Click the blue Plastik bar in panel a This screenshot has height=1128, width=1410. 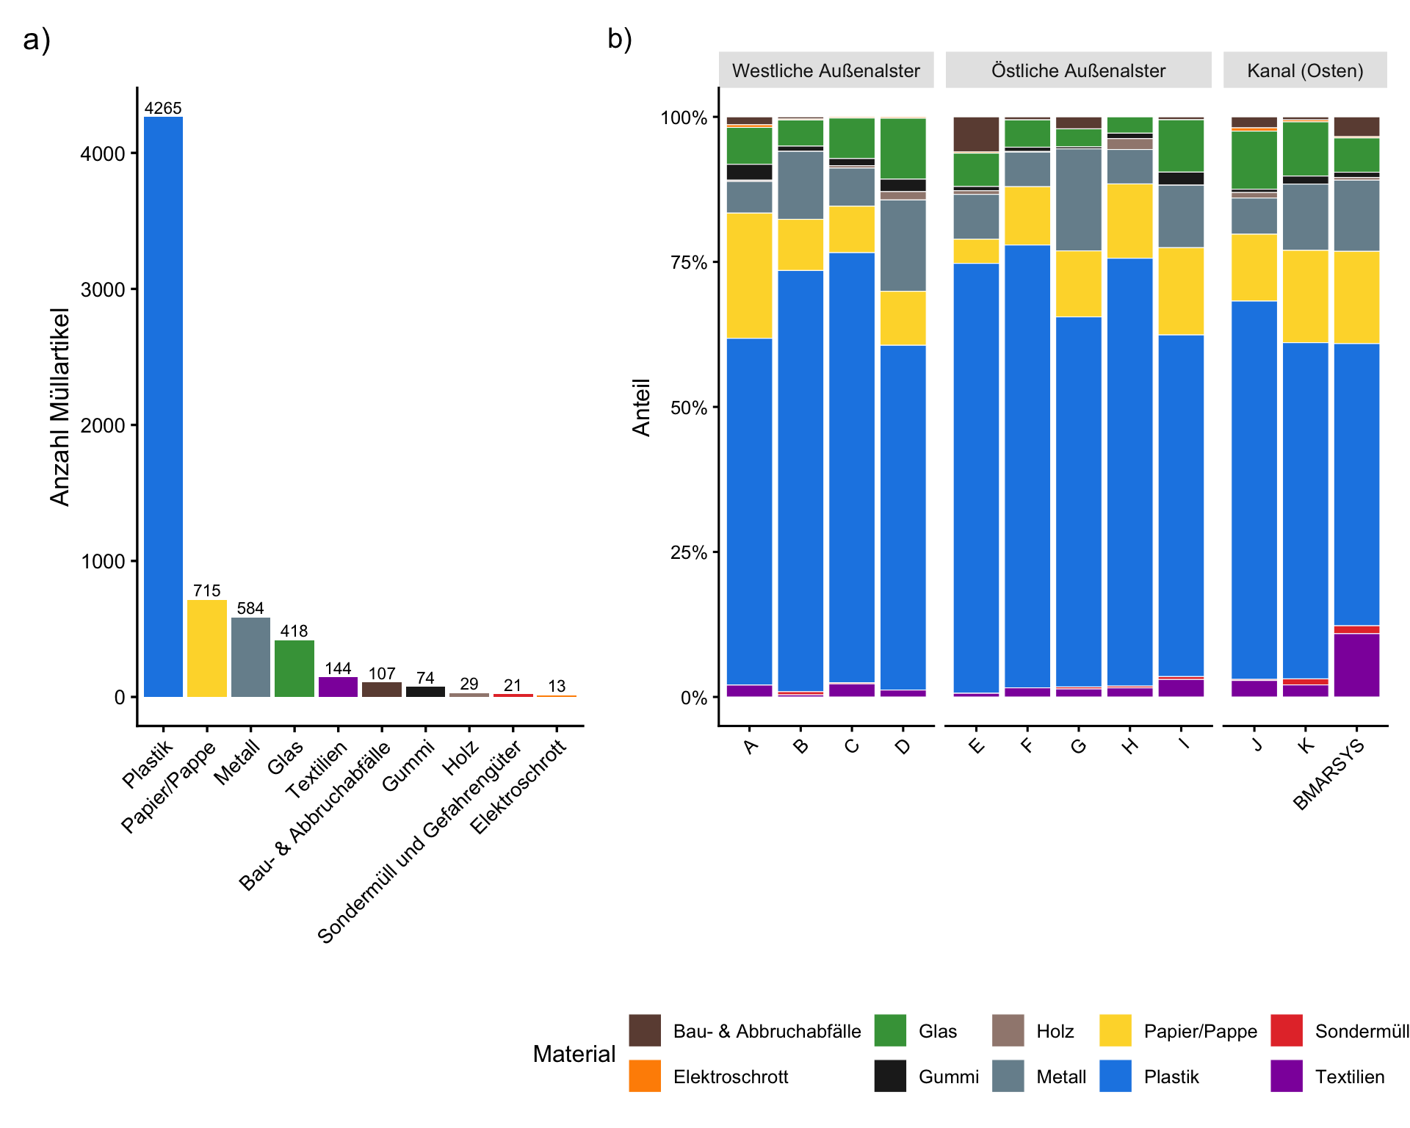pyautogui.click(x=163, y=406)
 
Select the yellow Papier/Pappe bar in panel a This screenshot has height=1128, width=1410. pyautogui.click(x=207, y=648)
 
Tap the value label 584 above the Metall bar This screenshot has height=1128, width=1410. pyautogui.click(x=250, y=608)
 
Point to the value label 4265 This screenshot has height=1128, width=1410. pyautogui.click(x=163, y=108)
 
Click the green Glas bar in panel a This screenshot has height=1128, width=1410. pyautogui.click(x=294, y=668)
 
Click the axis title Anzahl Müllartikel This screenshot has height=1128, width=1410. pyautogui.click(x=60, y=407)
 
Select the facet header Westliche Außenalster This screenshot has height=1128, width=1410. pyautogui.click(x=826, y=70)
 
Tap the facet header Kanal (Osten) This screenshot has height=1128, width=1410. pyautogui.click(x=1305, y=70)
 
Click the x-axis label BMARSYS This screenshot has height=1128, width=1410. pyautogui.click(x=1328, y=775)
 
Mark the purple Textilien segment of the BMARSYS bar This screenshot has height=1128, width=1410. pyautogui.click(x=1356, y=665)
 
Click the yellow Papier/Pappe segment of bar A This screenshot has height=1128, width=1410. pyautogui.click(x=749, y=275)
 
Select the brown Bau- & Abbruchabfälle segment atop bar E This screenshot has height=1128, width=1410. pyautogui.click(x=976, y=134)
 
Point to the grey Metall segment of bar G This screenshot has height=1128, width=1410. pyautogui.click(x=1079, y=200)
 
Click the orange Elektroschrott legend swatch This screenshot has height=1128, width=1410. pyautogui.click(x=645, y=1076)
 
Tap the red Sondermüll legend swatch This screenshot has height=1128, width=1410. pyautogui.click(x=1287, y=1030)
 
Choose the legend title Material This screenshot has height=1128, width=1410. pyautogui.click(x=574, y=1054)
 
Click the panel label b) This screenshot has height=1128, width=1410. pyautogui.click(x=620, y=39)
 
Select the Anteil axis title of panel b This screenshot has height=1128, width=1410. pyautogui.click(x=642, y=408)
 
